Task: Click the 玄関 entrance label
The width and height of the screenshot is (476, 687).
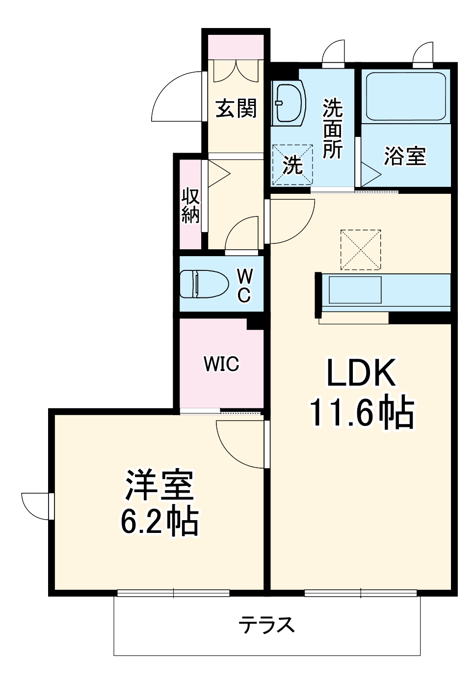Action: pyautogui.click(x=236, y=108)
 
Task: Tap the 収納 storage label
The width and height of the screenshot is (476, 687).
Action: pyautogui.click(x=190, y=205)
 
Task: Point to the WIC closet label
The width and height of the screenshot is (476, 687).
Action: pyautogui.click(x=221, y=364)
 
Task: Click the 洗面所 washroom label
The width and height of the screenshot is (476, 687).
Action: pyautogui.click(x=332, y=129)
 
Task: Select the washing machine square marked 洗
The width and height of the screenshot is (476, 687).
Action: pyautogui.click(x=292, y=164)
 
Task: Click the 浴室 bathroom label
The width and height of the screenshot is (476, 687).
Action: pyautogui.click(x=405, y=156)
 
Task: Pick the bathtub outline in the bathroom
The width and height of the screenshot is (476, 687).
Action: pyautogui.click(x=406, y=97)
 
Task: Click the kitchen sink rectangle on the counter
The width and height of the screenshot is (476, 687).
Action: pyautogui.click(x=355, y=290)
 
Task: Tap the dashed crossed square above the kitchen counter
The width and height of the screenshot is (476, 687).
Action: pyautogui.click(x=361, y=249)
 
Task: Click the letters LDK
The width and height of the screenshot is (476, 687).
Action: pyautogui.click(x=362, y=373)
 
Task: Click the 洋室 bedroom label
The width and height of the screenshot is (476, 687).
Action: pyautogui.click(x=160, y=485)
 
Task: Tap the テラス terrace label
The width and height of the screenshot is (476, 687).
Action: pyautogui.click(x=266, y=625)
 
